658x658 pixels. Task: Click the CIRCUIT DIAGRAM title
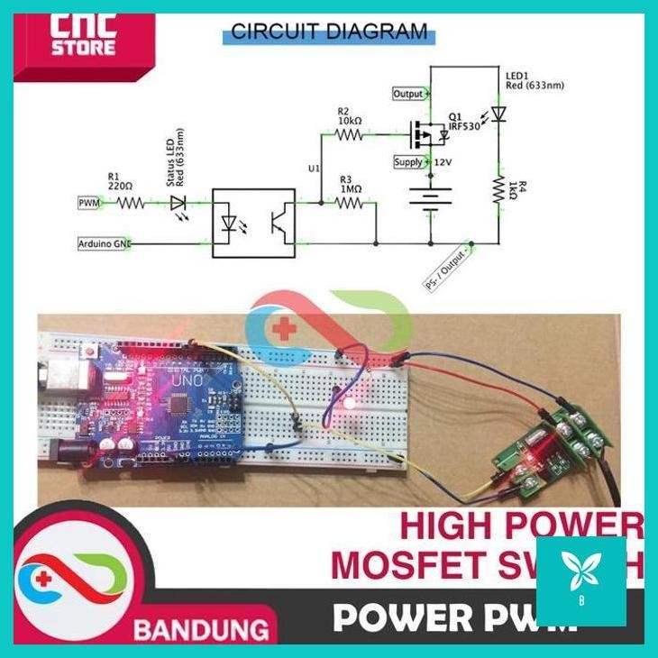[x=329, y=32]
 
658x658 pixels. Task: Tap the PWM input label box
[x=87, y=204]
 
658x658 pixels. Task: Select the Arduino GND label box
[x=104, y=243]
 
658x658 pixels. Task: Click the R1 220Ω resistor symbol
[x=129, y=204]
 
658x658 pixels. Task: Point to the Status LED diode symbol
[x=178, y=204]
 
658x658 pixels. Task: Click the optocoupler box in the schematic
[x=253, y=223]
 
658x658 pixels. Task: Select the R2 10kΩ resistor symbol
[x=348, y=135]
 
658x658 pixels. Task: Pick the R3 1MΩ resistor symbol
[x=348, y=204]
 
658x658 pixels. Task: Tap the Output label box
[x=408, y=94]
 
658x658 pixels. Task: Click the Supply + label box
[x=408, y=162]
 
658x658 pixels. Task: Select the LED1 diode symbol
[x=498, y=114]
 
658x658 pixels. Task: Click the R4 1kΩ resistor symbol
[x=498, y=188]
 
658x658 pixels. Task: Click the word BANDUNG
[x=201, y=628]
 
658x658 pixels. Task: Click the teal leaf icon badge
[x=580, y=580]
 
